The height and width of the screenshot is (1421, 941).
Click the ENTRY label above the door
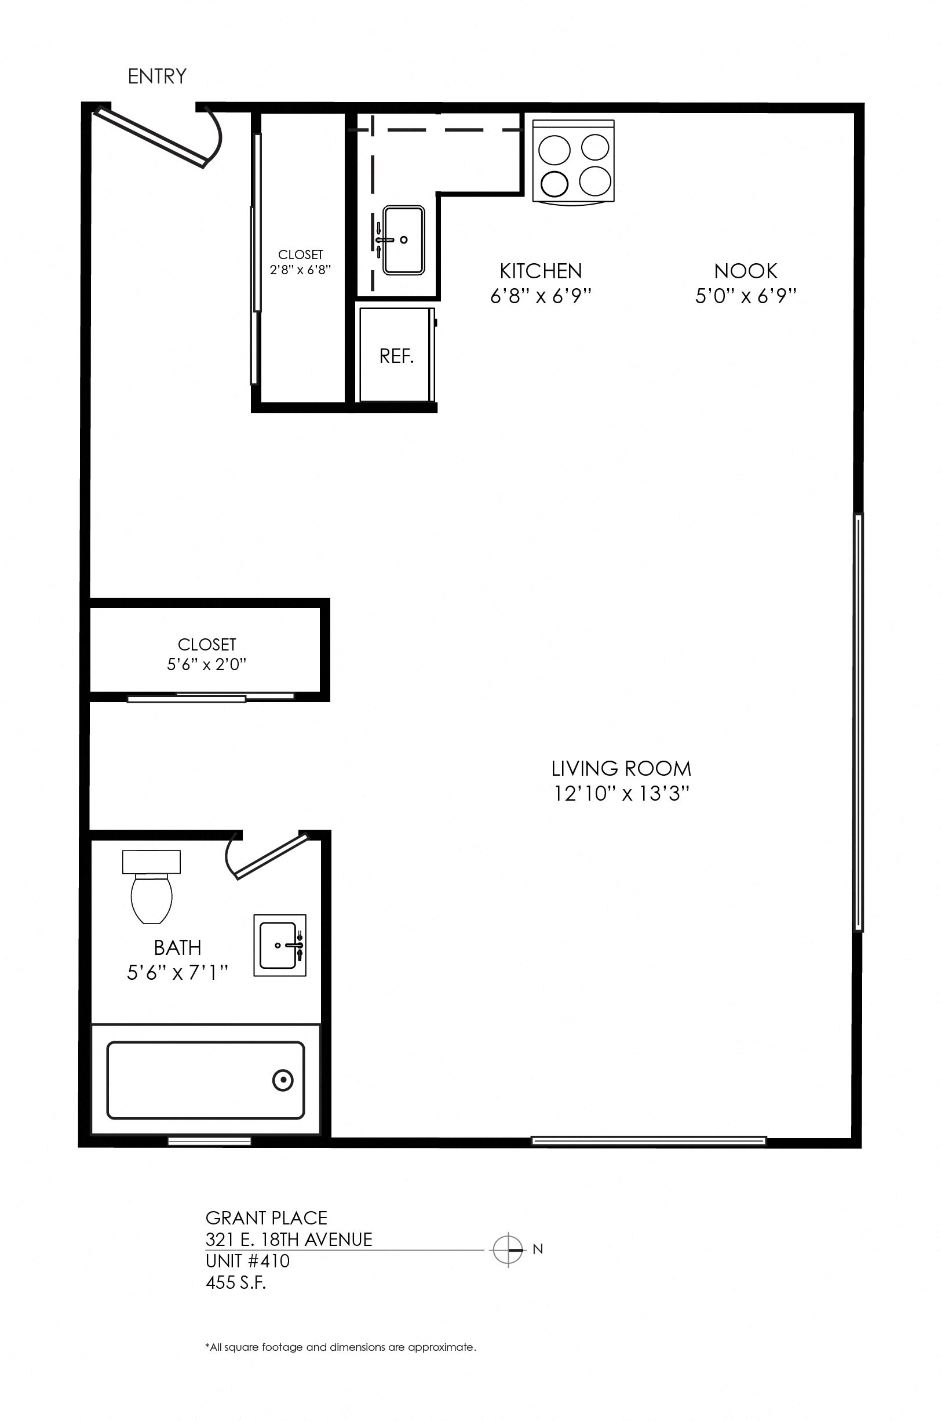pos(157,77)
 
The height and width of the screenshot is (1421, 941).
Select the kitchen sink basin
pos(404,240)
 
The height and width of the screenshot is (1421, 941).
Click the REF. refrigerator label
pos(396,357)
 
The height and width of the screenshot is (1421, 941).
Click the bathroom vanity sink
pos(280,946)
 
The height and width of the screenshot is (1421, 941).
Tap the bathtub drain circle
pos(283,1081)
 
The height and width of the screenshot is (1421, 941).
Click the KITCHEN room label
pos(541,271)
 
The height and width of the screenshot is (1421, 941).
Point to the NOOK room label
pos(745,271)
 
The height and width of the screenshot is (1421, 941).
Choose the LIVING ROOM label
pos(621,768)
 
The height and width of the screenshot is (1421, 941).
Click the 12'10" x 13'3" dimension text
pos(621,794)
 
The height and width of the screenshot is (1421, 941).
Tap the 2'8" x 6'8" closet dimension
pos(300,270)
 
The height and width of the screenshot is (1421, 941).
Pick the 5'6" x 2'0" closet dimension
pos(207,664)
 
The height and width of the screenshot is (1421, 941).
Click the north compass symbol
pos(508,1250)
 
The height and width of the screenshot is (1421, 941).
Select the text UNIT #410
pos(247,1261)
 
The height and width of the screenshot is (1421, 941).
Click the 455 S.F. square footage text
pos(236,1282)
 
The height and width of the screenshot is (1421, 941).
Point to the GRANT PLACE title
pos(267,1218)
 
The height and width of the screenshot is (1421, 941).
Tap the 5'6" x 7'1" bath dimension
pos(178,972)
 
